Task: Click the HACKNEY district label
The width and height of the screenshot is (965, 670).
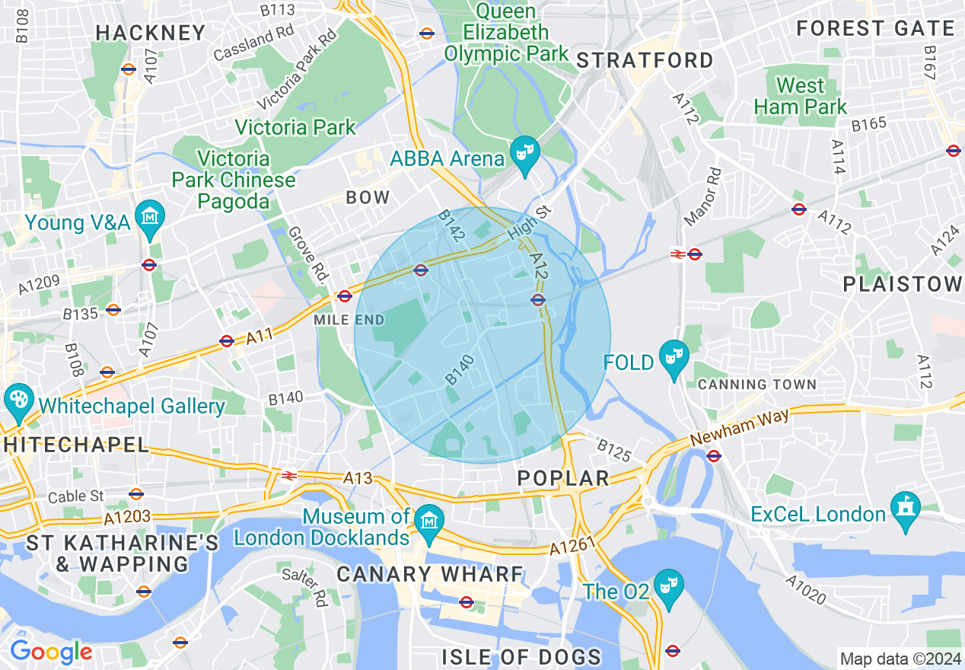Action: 151,33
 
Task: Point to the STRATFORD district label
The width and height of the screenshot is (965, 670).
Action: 645,60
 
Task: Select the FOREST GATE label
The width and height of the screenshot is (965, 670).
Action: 875,29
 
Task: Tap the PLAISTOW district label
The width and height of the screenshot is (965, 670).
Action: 903,284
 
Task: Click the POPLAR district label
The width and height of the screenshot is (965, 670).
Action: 563,478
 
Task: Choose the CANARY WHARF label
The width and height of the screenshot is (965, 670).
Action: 430,574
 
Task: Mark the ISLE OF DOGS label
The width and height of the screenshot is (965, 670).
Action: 521,656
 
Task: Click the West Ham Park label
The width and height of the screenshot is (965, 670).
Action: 800,96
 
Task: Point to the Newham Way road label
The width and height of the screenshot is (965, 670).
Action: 739,427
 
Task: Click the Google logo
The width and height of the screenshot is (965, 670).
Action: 51,652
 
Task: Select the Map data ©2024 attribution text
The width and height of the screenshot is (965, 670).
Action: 900,659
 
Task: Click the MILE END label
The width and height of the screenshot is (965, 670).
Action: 349,320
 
